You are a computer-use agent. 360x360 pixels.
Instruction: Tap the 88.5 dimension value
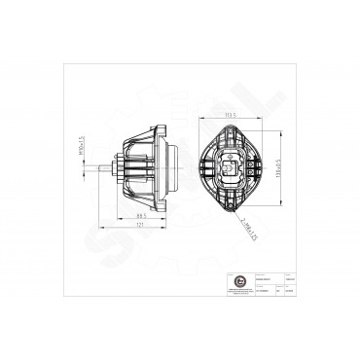[140, 215]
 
